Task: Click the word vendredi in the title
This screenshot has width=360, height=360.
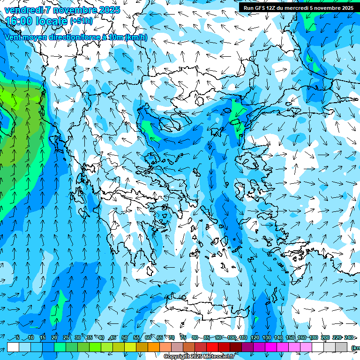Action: (21, 10)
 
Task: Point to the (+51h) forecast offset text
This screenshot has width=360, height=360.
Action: (81, 21)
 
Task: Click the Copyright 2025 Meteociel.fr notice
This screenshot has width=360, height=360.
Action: (198, 357)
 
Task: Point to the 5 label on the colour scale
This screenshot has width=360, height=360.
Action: (18, 338)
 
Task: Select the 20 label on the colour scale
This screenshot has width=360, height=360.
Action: (54, 338)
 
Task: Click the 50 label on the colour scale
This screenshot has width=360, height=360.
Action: (124, 338)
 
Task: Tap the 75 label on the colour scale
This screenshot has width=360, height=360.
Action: (183, 338)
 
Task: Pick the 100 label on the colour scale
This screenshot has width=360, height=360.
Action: (231, 338)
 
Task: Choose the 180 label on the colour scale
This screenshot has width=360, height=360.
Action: (313, 338)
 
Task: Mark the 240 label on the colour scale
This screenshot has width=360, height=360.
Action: (349, 338)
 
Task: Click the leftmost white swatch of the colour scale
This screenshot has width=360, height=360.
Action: (13, 347)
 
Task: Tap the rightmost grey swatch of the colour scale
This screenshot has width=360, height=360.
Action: (342, 347)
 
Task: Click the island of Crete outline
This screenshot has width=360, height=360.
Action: (206, 309)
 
